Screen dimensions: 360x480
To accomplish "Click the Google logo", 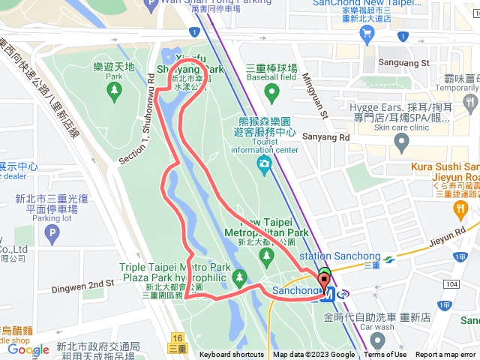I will [28, 349].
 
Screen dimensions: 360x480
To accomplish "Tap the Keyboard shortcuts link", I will [232, 355].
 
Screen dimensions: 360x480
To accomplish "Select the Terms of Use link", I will [385, 355].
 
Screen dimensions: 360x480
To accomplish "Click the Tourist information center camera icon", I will [264, 163].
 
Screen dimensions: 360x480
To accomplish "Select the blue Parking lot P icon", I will [52, 234].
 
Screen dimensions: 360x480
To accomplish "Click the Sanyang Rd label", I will [325, 138].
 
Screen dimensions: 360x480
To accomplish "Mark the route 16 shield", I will [177, 339].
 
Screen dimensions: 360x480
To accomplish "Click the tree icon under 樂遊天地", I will [114, 91].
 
